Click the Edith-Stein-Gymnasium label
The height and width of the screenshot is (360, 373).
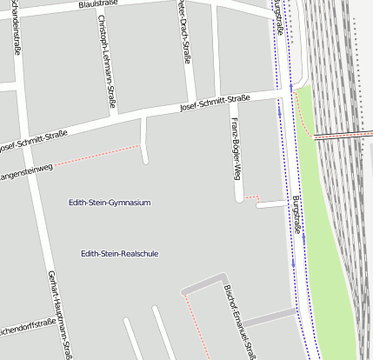point(110,203)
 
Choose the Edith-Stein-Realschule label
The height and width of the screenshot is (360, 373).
point(119,254)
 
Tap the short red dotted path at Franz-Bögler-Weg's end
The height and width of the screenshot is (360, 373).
point(251,199)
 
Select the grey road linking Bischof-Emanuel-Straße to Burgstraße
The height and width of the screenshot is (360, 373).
point(270,314)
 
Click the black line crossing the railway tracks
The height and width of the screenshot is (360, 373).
point(343,133)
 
